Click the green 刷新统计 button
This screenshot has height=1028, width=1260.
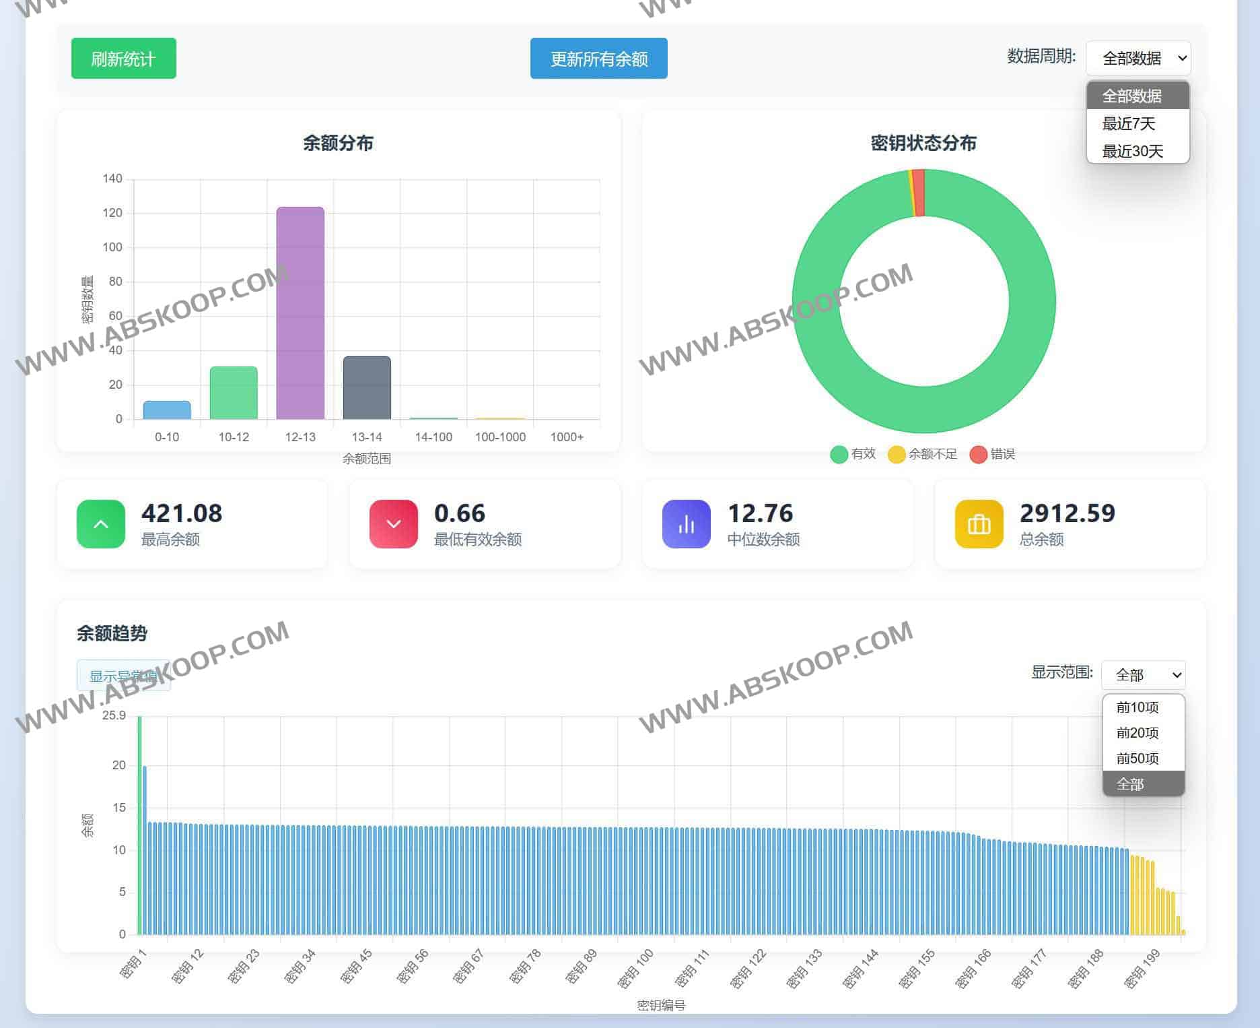tap(123, 59)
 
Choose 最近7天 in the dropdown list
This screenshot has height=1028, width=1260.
tap(1129, 124)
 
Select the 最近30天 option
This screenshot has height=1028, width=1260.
tap(1132, 152)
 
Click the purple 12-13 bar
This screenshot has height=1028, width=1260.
tap(300, 313)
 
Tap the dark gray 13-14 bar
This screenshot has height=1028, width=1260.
tap(367, 388)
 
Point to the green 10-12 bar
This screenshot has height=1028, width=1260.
tap(234, 393)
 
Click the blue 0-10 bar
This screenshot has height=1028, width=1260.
tap(167, 410)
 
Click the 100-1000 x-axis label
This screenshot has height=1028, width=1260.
tap(500, 437)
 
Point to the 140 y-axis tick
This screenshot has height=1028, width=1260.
tap(112, 179)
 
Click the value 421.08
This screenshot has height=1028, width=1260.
tap(182, 513)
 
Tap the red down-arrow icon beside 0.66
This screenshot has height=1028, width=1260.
tap(394, 524)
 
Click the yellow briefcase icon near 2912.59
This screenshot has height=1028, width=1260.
tap(979, 524)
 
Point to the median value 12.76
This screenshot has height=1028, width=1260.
tap(761, 513)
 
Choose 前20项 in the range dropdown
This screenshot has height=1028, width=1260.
tap(1137, 733)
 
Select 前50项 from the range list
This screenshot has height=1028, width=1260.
tap(1137, 759)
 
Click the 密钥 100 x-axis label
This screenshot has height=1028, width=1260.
tap(636, 968)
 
